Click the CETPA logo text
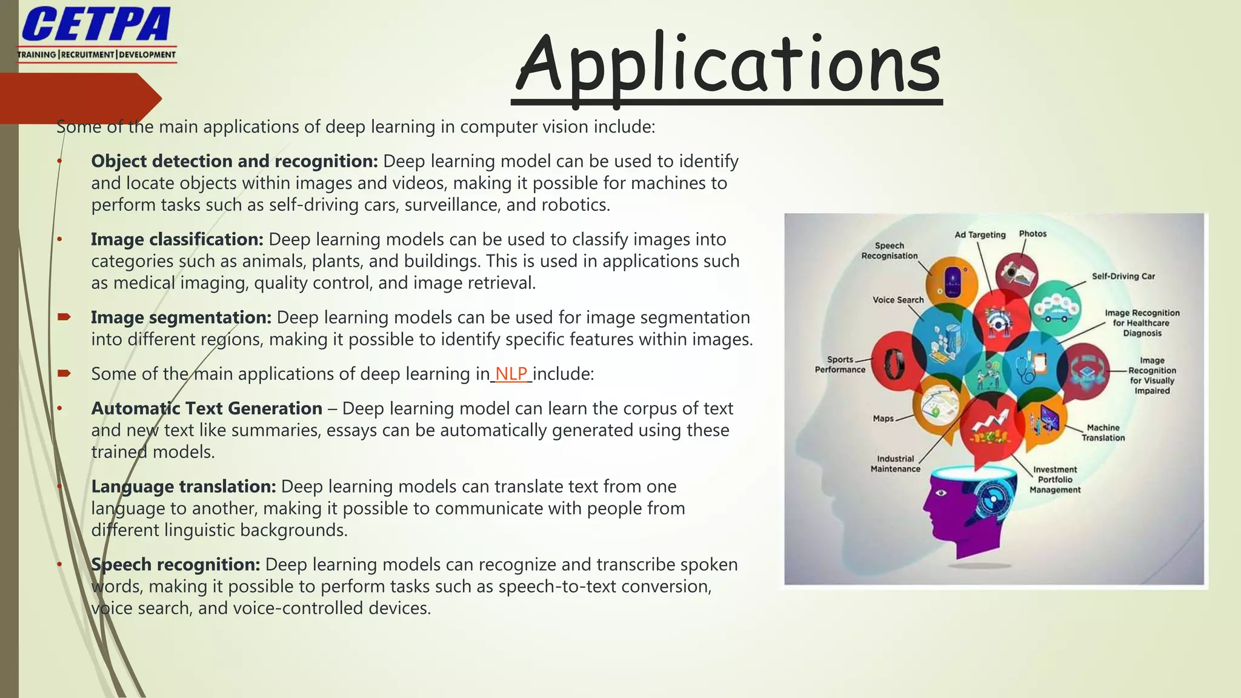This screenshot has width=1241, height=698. pos(96,25)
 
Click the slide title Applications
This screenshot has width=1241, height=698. pos(727,65)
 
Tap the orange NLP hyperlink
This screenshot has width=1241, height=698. pos(511,374)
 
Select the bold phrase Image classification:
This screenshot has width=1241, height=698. pos(177,239)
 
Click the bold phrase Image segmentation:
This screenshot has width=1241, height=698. pos(181,317)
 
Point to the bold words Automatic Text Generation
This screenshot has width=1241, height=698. pos(207,408)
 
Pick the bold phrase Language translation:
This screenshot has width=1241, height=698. pos(184,487)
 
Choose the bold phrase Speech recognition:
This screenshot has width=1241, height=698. pos(176,565)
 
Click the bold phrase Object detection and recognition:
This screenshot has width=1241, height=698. pos(235,161)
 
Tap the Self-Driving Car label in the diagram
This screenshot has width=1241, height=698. pos(1123,276)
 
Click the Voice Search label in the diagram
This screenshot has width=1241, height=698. pos(898,300)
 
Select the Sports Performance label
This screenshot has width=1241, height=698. pos(840,364)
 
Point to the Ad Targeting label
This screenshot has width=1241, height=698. pos(980,234)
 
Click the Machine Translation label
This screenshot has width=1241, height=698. pos(1103,433)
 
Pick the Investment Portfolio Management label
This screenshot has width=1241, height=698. pos(1055,479)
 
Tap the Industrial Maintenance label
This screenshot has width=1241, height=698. pos(895,464)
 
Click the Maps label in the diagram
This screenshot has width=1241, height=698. pos(883,418)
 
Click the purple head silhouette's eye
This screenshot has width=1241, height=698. pos(941,493)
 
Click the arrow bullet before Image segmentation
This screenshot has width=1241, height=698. pos(64,317)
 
